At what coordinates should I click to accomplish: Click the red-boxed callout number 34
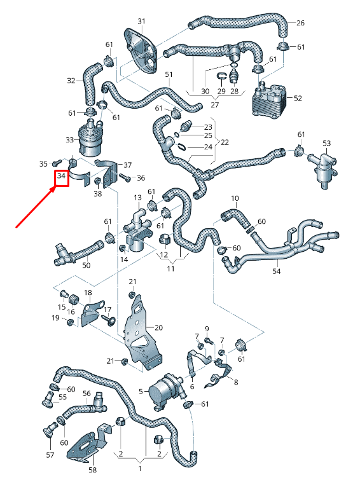[x=62, y=176]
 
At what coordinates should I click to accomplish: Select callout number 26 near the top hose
[x=300, y=24]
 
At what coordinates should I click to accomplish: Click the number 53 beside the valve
[x=326, y=143]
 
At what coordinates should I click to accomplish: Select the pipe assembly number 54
[x=275, y=271]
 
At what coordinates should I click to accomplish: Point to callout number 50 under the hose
[x=86, y=264]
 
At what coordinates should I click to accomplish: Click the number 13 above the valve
[x=138, y=198]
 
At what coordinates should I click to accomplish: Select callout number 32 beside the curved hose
[x=71, y=81]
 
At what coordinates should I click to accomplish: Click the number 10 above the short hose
[x=235, y=199]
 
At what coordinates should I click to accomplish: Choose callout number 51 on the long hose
[x=169, y=75]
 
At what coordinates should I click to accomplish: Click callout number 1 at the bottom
[x=139, y=469]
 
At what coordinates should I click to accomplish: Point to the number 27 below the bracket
[x=214, y=104]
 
